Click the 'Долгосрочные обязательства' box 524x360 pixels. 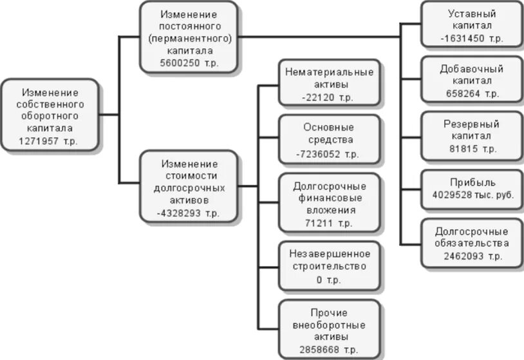[471, 243]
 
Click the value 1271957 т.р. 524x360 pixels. [49, 140]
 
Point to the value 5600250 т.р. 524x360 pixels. [189, 62]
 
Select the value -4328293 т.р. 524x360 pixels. [189, 211]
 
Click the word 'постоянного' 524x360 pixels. [189, 26]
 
